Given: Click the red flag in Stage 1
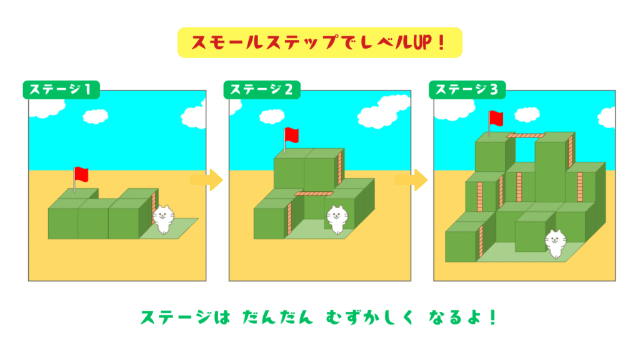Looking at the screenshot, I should (x=81, y=173).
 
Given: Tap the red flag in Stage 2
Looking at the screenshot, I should (x=291, y=135).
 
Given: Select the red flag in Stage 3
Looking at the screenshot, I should (x=497, y=117).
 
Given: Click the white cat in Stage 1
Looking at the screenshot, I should (x=163, y=218).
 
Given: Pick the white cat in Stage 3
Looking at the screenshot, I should (x=554, y=243).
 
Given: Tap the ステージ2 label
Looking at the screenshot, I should (x=262, y=90).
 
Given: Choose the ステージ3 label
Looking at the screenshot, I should (x=467, y=90).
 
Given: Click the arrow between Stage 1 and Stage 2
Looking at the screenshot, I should (x=206, y=181).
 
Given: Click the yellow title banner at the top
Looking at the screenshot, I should (x=319, y=42).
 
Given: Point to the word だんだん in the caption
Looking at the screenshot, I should (x=277, y=317).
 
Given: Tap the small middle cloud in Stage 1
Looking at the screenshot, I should (x=96, y=116).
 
